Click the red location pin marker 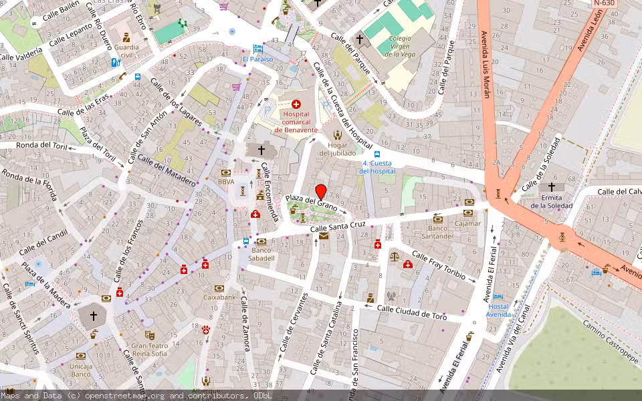click(320, 191)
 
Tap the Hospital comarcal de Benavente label click(296, 122)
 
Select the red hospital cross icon click(296, 104)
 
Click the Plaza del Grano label click(311, 202)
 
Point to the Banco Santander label click(438, 232)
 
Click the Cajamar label click(468, 223)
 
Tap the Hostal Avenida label click(498, 310)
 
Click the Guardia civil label click(126, 51)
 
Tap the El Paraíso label click(258, 59)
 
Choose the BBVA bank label click(226, 181)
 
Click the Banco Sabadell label click(261, 254)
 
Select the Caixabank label click(220, 297)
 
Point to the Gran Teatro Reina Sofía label click(150, 350)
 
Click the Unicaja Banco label click(81, 370)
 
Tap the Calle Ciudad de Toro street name click(412, 312)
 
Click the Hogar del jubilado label click(337, 149)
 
